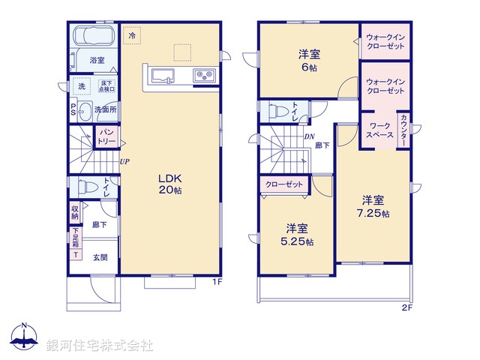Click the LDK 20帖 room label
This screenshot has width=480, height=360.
pyautogui.click(x=170, y=184)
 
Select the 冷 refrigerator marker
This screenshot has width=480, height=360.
pyautogui.click(x=133, y=35)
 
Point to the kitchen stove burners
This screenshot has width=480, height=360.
pyautogui.click(x=203, y=74)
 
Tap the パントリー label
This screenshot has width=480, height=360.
pyautogui.click(x=106, y=136)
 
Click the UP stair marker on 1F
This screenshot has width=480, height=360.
pyautogui.click(x=123, y=160)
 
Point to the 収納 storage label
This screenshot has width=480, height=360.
pyautogui.click(x=75, y=211)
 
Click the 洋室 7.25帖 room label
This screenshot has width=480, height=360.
pyautogui.click(x=372, y=205)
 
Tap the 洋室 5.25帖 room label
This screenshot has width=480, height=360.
pyautogui.click(x=298, y=234)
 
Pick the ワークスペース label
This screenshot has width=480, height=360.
pyautogui.click(x=378, y=131)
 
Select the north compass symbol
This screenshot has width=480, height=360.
pyautogui.click(x=24, y=337)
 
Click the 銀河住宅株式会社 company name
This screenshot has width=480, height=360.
pyautogui.click(x=99, y=345)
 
